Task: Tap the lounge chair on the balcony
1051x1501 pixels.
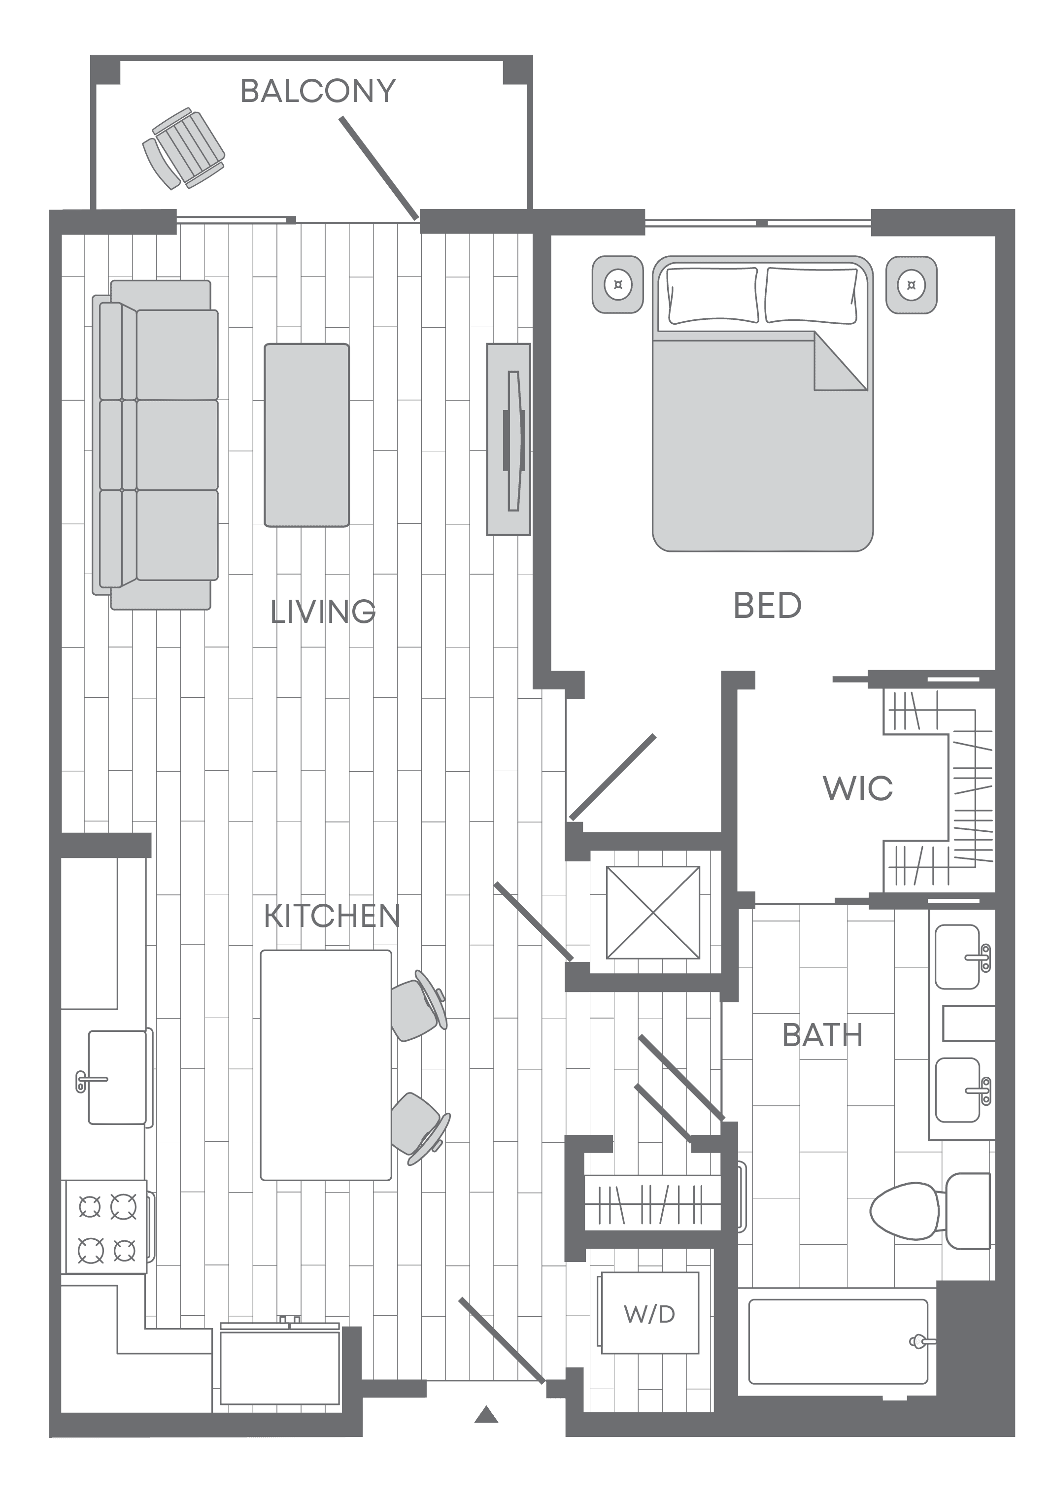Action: [x=184, y=148]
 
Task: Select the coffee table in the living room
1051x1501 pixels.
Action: [x=306, y=435]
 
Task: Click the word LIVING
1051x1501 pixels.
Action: [x=323, y=612]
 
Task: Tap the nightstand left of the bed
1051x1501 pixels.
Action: [x=618, y=284]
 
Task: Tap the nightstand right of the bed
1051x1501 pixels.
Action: [x=911, y=284]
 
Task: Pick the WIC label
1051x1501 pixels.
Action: [x=857, y=788]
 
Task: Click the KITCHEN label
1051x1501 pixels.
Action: [x=332, y=916]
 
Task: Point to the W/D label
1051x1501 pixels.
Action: [x=649, y=1314]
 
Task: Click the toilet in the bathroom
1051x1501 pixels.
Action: [x=931, y=1211]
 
